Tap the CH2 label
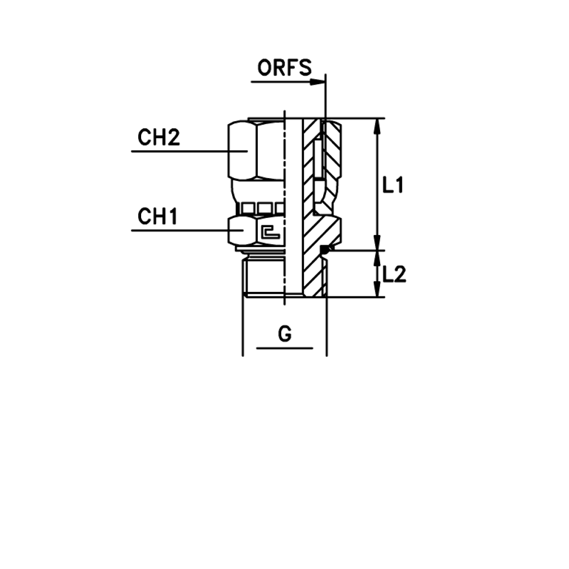(159, 139)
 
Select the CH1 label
(159, 217)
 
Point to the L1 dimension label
(392, 185)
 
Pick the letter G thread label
(284, 335)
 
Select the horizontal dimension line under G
(284, 347)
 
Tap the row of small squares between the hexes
(262, 208)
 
